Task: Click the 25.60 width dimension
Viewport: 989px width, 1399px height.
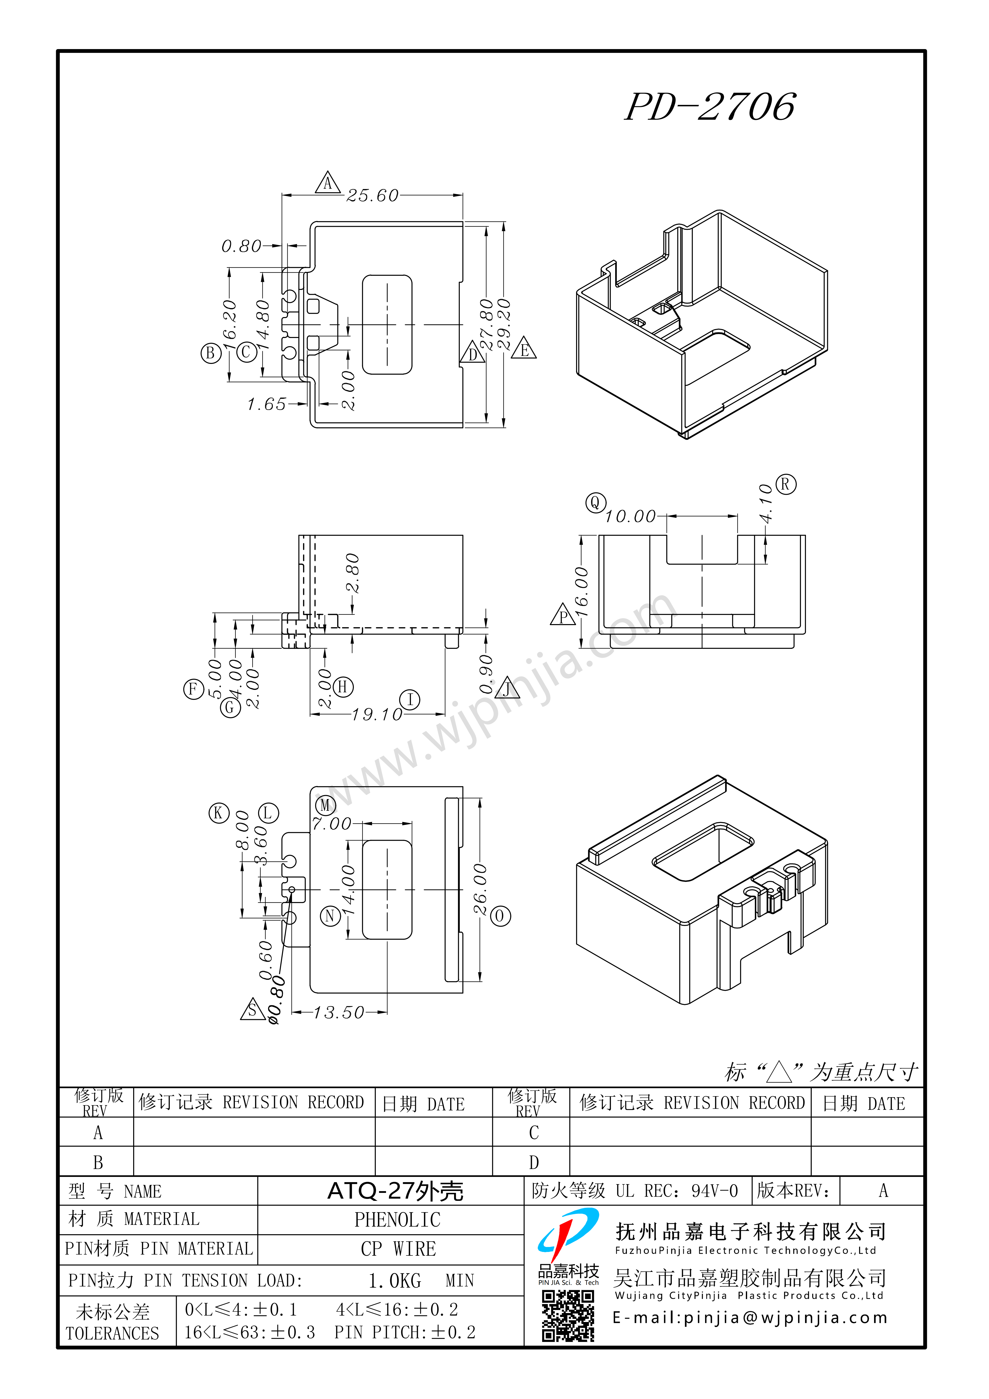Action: (372, 196)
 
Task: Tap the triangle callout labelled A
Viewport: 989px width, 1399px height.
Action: (327, 182)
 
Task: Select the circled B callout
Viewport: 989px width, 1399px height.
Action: (211, 353)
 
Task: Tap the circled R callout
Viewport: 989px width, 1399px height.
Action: (785, 485)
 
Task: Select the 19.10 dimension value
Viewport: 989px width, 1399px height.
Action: (377, 714)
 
